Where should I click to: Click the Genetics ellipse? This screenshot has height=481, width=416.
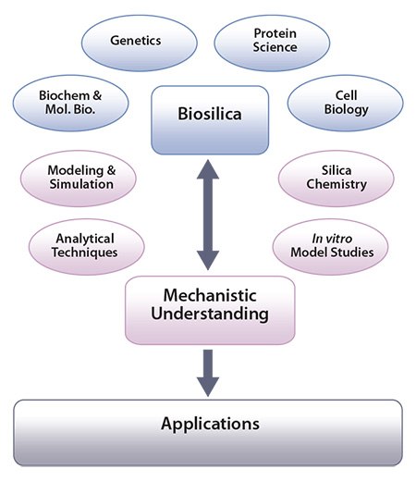(x=134, y=42)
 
